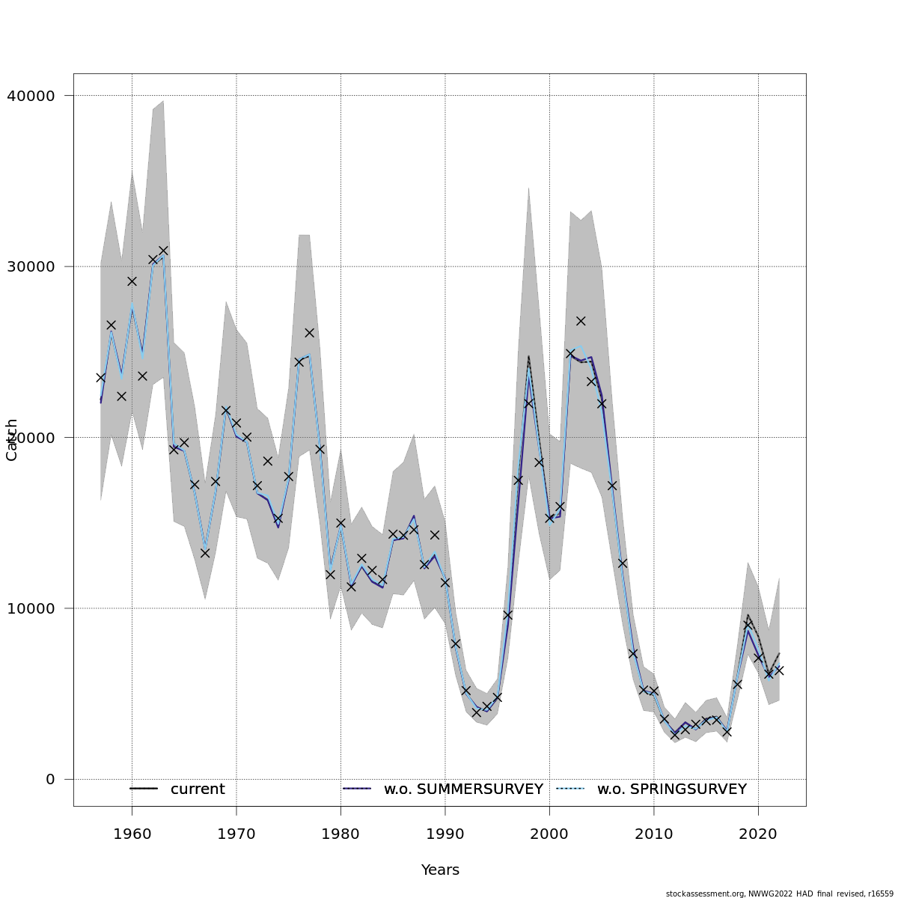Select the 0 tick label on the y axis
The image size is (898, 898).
tap(50, 779)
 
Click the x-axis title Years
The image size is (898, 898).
tap(440, 870)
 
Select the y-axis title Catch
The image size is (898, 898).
tap(12, 439)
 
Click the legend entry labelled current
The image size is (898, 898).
tap(198, 789)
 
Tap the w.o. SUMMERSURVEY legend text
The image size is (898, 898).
tap(463, 789)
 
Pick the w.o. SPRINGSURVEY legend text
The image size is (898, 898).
tap(671, 789)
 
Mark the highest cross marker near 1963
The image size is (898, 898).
tap(163, 251)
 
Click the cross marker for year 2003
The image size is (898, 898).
tap(581, 321)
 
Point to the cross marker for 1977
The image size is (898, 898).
tap(309, 332)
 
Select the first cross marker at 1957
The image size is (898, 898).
tap(101, 378)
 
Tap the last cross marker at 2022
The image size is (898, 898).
tap(779, 671)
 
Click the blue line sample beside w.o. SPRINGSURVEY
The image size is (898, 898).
tap(570, 789)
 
